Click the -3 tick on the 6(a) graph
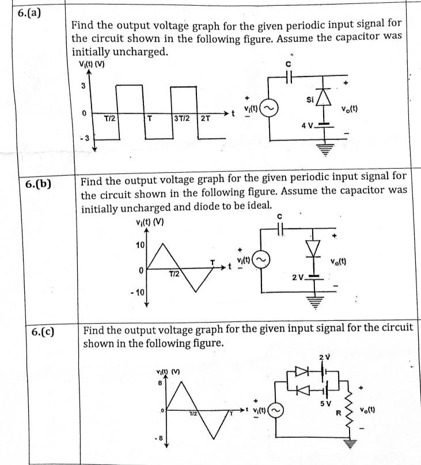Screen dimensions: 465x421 (x=85, y=138)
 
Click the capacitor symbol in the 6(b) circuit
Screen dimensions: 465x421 (x=280, y=228)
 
